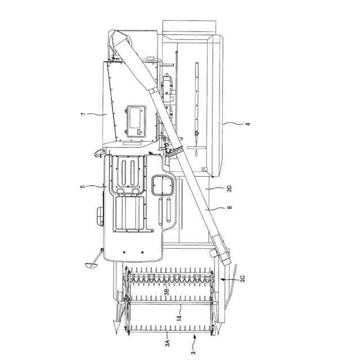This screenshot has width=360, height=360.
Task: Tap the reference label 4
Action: point(247,124)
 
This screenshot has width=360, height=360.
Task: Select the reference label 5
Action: point(83,186)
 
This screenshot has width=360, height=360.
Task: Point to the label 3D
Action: point(229,189)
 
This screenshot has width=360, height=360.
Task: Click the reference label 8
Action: point(229,208)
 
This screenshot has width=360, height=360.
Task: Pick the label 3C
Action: point(242,278)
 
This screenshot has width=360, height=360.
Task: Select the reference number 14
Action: point(179,317)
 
